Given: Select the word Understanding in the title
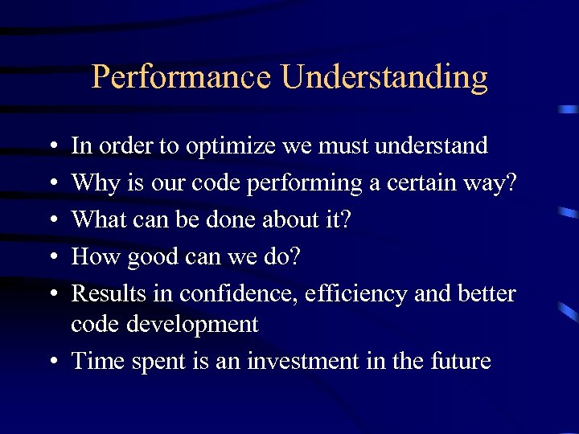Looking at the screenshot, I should pyautogui.click(x=384, y=78).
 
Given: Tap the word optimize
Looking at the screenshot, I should pyautogui.click(x=236, y=147).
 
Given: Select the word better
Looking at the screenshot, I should pyautogui.click(x=484, y=293).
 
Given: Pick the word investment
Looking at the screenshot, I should pyautogui.click(x=303, y=361).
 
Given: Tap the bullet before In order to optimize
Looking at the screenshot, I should pyautogui.click(x=51, y=147).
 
